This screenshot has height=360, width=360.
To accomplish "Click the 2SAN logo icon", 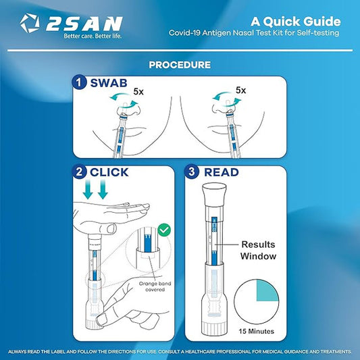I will [30, 24].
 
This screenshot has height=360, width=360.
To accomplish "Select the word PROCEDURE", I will [180, 65].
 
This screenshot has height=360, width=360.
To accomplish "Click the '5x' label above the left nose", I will [138, 89].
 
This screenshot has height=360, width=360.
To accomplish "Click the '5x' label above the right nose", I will [240, 89].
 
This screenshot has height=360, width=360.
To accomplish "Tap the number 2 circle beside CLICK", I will [80, 172].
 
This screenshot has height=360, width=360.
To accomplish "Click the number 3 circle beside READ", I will [194, 172].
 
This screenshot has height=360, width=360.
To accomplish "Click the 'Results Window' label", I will [260, 251].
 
